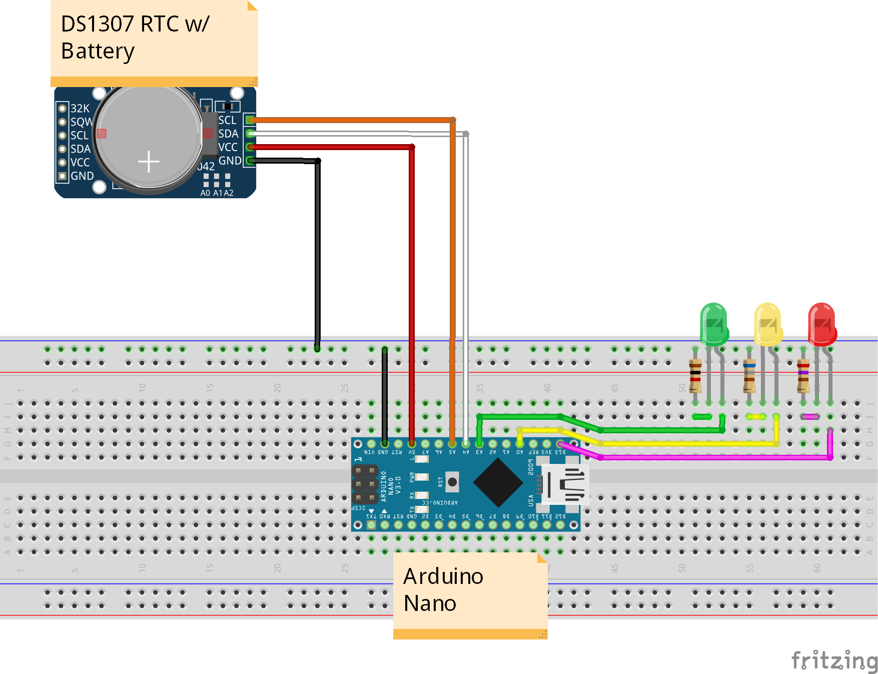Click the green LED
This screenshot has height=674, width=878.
pos(714,324)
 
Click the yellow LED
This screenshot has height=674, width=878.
pos(767,324)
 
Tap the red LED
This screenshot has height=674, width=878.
pos(821,324)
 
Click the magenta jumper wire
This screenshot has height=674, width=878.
pos(710,457)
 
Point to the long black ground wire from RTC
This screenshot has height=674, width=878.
pos(318,250)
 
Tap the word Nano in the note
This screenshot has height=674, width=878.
pos(430,603)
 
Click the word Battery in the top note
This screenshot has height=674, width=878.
pos(98,52)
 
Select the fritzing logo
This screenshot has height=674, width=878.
pos(834,660)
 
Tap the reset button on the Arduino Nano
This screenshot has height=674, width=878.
pos(452,482)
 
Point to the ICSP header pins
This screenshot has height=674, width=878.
pos(365,484)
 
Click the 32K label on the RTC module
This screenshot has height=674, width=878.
pos(80,109)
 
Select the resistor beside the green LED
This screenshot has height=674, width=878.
pos(695,376)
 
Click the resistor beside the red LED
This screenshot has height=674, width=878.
pos(803,376)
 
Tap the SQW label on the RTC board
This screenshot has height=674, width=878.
pos(81,122)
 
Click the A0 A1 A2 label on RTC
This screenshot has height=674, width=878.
pos(217,193)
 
